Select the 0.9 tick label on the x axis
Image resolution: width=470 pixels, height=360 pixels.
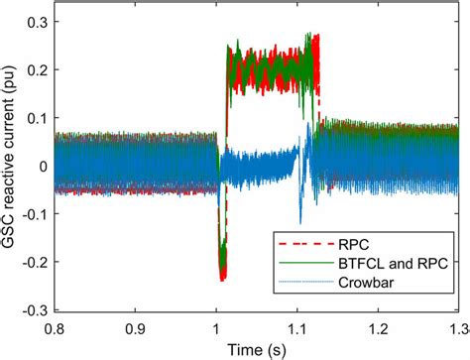[135, 325]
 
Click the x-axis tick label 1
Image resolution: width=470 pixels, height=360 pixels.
[217, 325]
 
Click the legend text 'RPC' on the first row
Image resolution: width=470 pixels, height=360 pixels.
[360, 243]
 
